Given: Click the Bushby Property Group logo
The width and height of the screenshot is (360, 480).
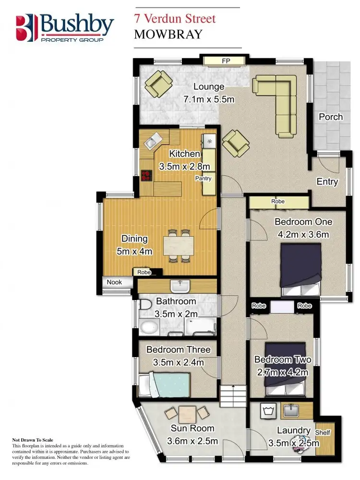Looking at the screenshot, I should (x=65, y=28).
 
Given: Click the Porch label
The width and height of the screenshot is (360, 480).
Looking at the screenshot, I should (x=331, y=117).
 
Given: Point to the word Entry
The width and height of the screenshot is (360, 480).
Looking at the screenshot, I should (x=327, y=182).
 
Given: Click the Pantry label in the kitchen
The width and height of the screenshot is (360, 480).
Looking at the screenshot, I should (x=203, y=178).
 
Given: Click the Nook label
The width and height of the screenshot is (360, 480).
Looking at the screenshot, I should (x=114, y=282).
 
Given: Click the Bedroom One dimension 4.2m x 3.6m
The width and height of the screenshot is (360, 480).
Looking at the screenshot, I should (x=303, y=235).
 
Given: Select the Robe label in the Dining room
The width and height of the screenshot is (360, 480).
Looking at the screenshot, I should (x=144, y=272).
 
